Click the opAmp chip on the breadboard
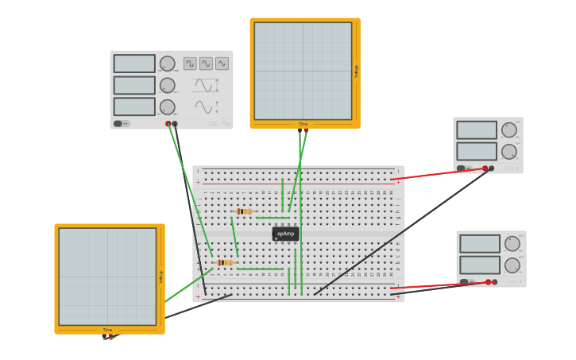[x=285, y=234]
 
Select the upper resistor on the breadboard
[x=245, y=211]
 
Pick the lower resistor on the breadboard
[x=225, y=262]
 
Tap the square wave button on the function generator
[x=190, y=64]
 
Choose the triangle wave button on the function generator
[x=222, y=64]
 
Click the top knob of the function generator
[x=167, y=64]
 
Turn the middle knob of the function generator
[x=167, y=85]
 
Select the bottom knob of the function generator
[x=167, y=106]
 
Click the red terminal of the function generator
[x=168, y=124]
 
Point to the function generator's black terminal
[x=175, y=124]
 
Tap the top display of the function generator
[x=134, y=64]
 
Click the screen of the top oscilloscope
[x=303, y=71]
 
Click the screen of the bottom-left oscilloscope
[x=107, y=277]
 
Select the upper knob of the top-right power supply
[x=508, y=130]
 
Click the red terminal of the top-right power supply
[x=485, y=168]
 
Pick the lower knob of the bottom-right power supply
[x=512, y=265]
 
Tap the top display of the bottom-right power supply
[x=480, y=244]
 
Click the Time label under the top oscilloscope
[x=303, y=124]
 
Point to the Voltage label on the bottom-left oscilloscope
[x=160, y=277]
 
